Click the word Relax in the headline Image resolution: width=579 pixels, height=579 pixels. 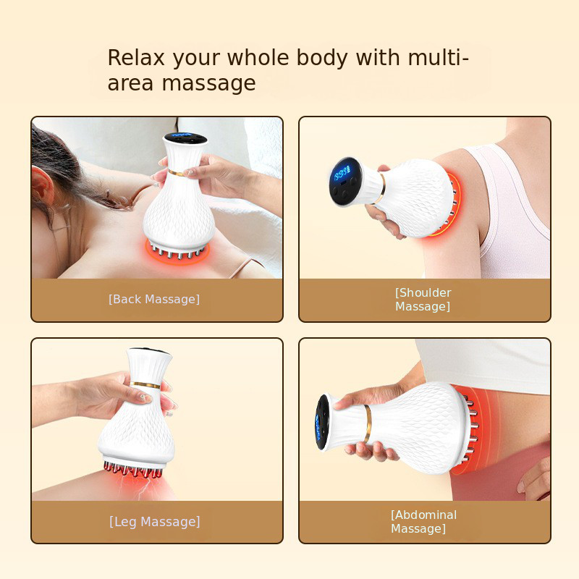click(x=136, y=58)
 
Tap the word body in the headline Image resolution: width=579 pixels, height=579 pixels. click(x=322, y=59)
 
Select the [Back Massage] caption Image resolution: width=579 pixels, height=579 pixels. click(x=154, y=299)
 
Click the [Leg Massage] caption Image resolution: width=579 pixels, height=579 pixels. click(x=155, y=522)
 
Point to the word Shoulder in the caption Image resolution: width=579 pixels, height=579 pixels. click(x=423, y=293)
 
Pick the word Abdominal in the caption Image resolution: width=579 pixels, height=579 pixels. click(x=424, y=515)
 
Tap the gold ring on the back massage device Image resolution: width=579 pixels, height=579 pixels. click(x=177, y=172)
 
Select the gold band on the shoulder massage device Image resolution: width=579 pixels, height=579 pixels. click(x=381, y=188)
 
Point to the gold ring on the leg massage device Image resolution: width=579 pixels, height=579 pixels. click(x=145, y=385)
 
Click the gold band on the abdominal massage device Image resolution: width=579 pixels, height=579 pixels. click(x=367, y=424)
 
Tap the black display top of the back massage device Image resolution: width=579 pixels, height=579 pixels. click(x=185, y=138)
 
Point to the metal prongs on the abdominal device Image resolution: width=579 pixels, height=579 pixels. click(x=471, y=427)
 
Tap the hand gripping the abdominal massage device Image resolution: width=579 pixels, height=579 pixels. click(x=373, y=421)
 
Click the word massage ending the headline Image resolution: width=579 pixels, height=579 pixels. click(x=208, y=83)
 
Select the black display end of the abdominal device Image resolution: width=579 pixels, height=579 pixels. click(x=321, y=423)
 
